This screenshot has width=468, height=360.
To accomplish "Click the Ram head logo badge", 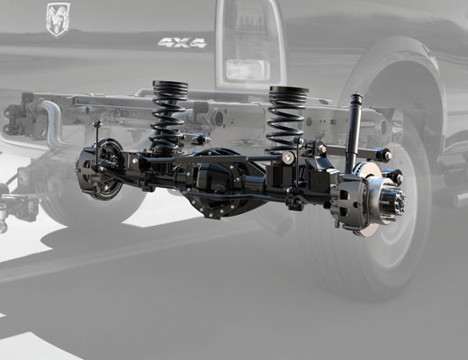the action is click(58, 20).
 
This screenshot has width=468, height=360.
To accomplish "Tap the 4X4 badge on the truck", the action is click(183, 42).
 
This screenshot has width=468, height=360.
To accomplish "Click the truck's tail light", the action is click(249, 42).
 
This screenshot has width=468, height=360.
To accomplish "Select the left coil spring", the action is click(168, 114).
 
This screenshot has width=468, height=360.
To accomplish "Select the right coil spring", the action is click(285, 119).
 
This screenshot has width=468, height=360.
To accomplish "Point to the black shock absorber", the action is click(355, 132).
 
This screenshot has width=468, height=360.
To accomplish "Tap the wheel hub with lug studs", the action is click(393, 200).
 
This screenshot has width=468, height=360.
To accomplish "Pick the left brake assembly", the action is click(99, 169).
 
